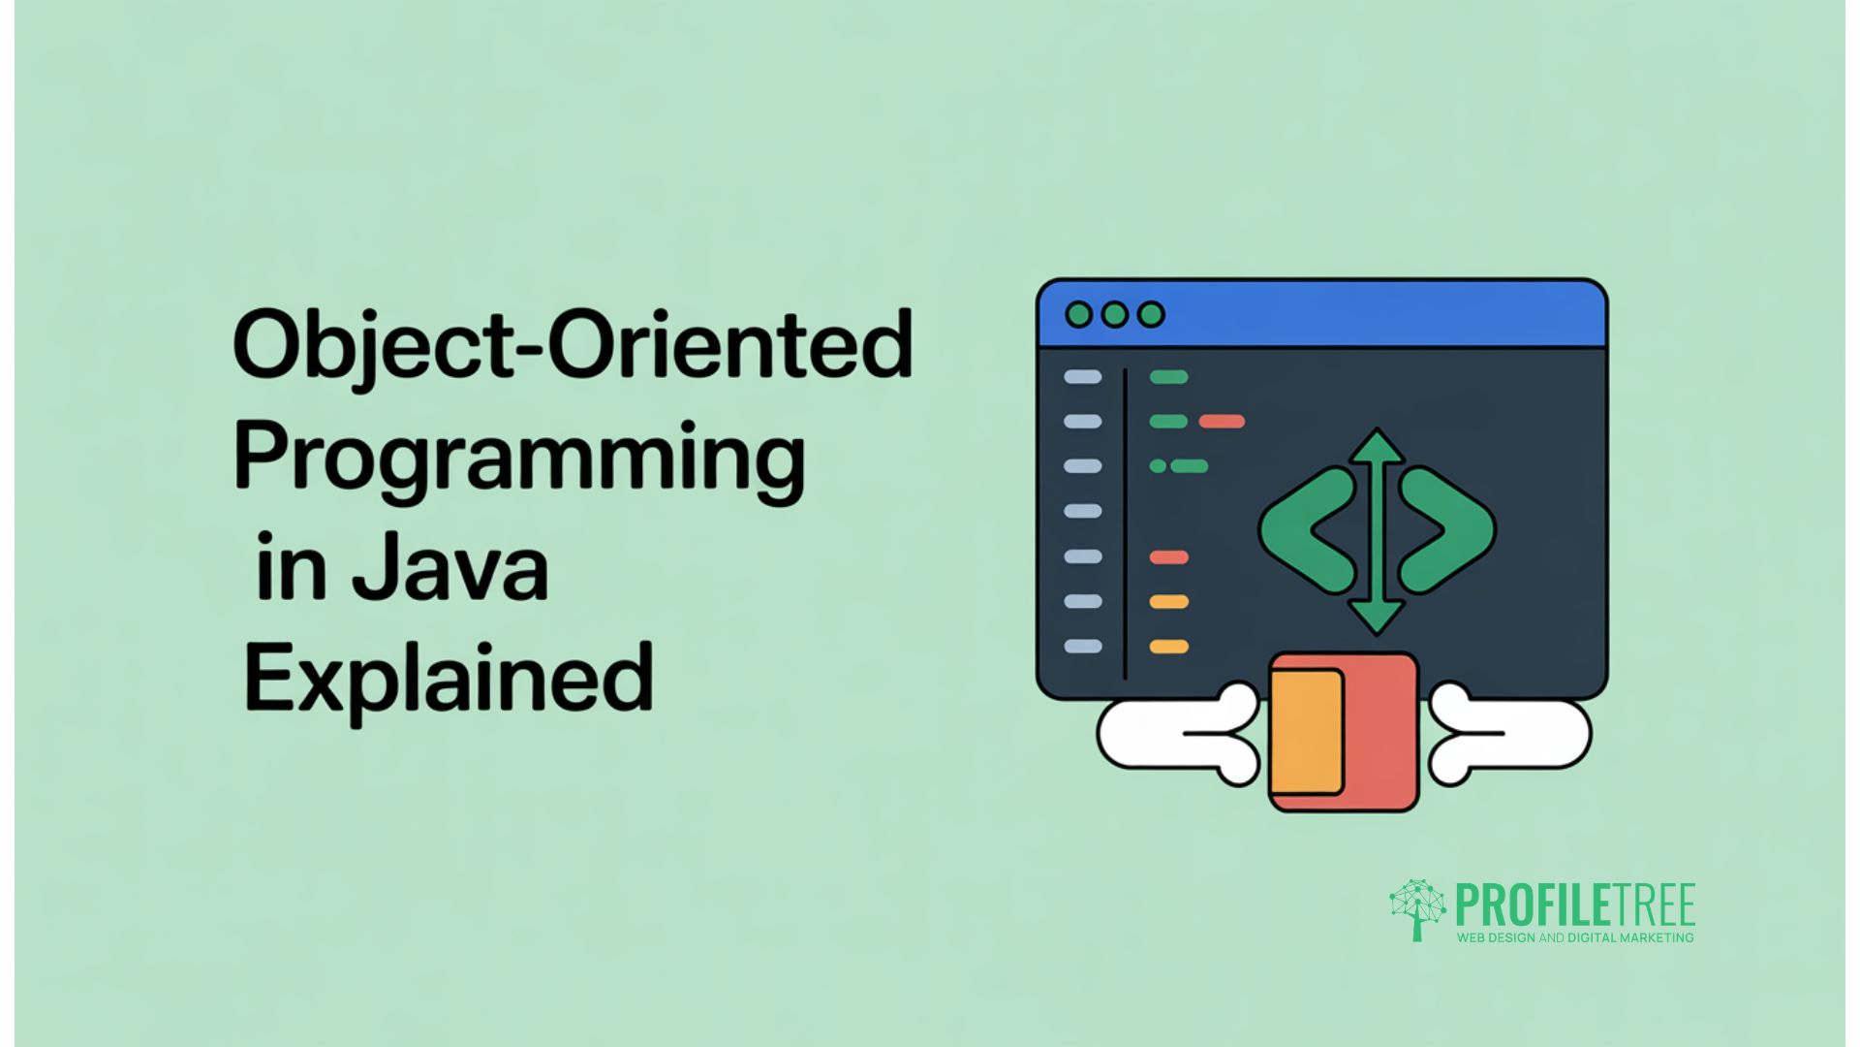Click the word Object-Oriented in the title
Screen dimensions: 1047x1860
click(x=572, y=346)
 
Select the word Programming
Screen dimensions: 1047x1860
click(x=518, y=458)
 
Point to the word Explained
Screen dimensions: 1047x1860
click(x=448, y=679)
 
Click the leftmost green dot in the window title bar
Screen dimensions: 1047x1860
click(x=1078, y=314)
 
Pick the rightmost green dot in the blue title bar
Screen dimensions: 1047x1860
click(x=1151, y=314)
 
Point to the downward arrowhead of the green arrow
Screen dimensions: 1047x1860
click(x=1377, y=617)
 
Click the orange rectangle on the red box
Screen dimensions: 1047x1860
click(x=1306, y=732)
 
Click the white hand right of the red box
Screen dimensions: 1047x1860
click(x=1511, y=735)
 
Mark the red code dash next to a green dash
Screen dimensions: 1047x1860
click(x=1222, y=422)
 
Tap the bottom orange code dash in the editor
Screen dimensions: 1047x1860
click(x=1168, y=647)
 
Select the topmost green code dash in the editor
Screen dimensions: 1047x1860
click(x=1168, y=377)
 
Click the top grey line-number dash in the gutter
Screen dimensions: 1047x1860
click(x=1082, y=377)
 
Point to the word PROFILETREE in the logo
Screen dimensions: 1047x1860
click(x=1575, y=906)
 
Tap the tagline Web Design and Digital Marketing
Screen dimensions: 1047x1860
click(x=1575, y=937)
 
